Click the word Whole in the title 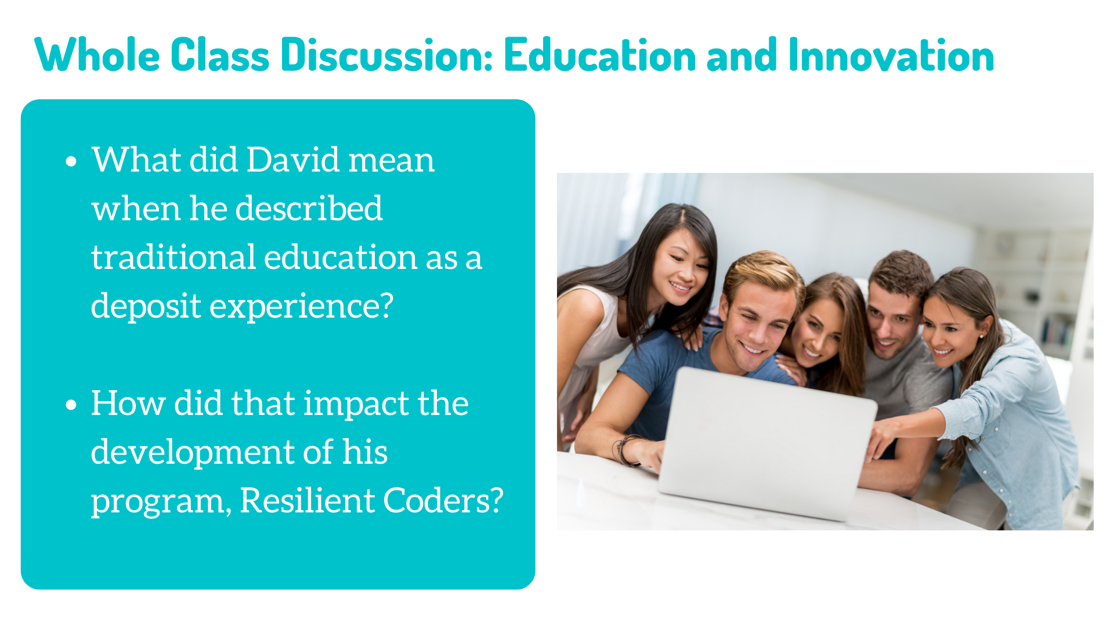97,55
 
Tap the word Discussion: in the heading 386,55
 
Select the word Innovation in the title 891,55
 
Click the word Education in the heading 601,55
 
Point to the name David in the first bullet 293,159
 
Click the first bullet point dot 71,161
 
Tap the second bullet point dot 71,405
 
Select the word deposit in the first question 146,307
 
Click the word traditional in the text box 173,257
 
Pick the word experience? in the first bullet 302,307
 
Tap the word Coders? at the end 443,500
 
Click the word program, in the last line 161,501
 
